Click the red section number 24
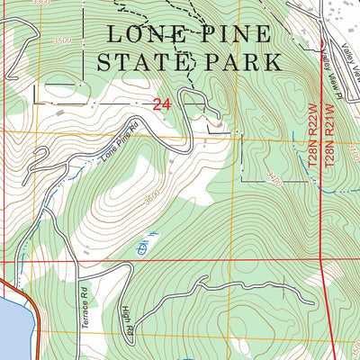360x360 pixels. (162, 104)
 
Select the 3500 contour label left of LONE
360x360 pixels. (62, 40)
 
